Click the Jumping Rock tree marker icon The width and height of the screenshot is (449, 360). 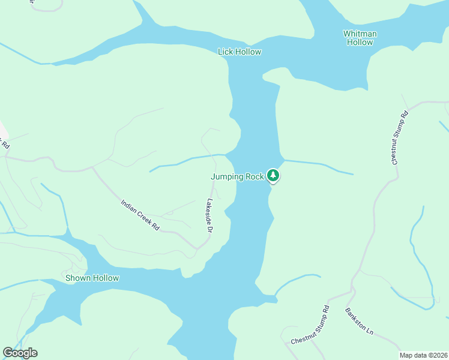pos(273,176)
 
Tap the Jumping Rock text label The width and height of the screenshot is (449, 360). pos(237,176)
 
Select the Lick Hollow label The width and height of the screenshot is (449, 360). pos(240,52)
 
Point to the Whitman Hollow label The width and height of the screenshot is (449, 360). pos(360,38)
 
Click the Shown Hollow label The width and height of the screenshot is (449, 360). pos(92,278)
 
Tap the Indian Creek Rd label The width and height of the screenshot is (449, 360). pos(139,215)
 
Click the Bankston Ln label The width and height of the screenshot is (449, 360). pos(360,322)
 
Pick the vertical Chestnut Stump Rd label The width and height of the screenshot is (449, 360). pos(400,138)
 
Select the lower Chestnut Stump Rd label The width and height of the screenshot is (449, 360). pos(310,325)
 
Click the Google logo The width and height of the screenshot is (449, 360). pos(20,353)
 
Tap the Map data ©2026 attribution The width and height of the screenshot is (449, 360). pos(423,355)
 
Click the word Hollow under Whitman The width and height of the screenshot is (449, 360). pos(360,42)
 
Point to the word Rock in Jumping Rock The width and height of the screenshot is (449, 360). pos(255,176)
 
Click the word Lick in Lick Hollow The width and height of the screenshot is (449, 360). pos(225,52)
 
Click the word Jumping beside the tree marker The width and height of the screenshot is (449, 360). pos(227,176)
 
